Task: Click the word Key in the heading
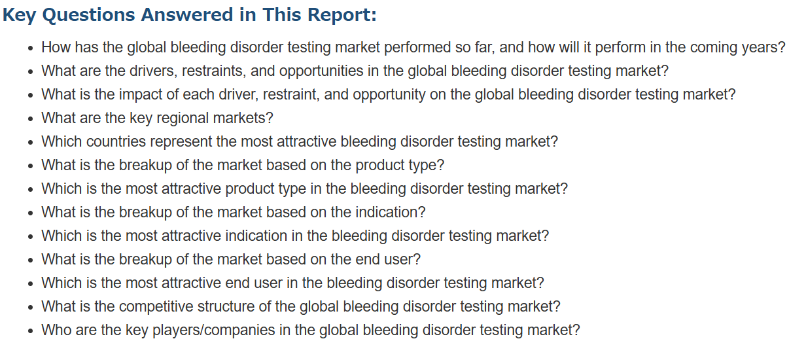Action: tap(20, 15)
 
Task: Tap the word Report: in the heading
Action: tap(342, 15)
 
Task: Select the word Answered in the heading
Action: tap(187, 14)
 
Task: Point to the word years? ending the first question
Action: tap(763, 48)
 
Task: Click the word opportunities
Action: tap(321, 71)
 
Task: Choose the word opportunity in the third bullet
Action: tap(389, 95)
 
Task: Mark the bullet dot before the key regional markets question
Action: tap(31, 119)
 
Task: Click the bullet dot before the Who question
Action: tap(31, 331)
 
